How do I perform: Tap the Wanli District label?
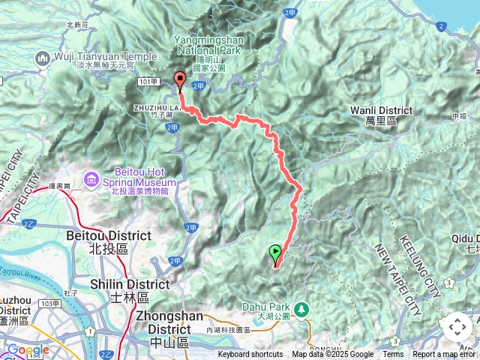(x=381, y=115)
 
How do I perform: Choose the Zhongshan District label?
(x=172, y=321)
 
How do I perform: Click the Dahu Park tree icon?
(x=301, y=308)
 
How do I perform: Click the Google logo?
(x=28, y=349)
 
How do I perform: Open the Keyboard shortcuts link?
(x=250, y=355)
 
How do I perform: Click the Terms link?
(x=393, y=355)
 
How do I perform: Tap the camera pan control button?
(x=457, y=327)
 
